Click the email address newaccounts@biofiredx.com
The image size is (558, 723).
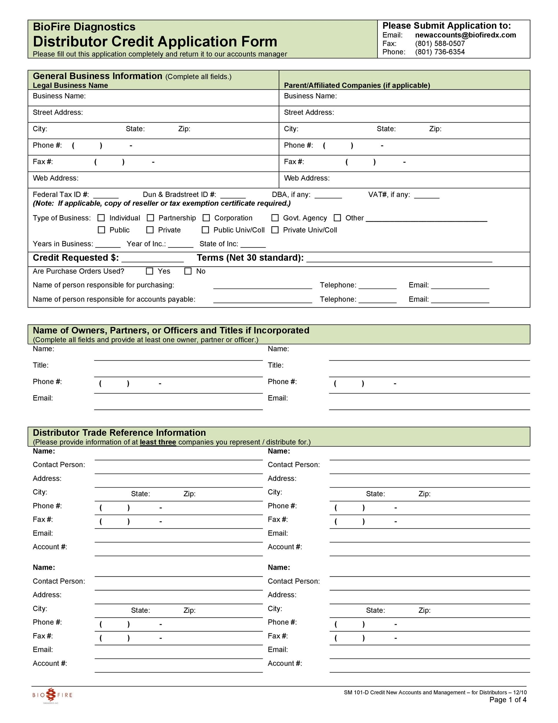tap(465, 35)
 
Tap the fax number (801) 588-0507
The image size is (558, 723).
tap(440, 44)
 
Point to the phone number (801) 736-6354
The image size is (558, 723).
tap(440, 52)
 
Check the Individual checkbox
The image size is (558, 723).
tap(101, 218)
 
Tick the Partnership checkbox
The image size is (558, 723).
tap(150, 218)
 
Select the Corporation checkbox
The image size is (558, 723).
tap(206, 218)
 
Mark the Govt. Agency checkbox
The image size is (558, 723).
tap(275, 218)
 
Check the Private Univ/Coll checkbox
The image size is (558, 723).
tap(275, 230)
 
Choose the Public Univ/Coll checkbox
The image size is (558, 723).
tap(206, 230)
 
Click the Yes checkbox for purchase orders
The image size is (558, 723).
tap(150, 271)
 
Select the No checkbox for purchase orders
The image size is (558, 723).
tap(188, 271)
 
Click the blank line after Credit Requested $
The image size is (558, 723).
tap(152, 259)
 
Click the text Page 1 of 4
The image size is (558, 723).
tap(507, 700)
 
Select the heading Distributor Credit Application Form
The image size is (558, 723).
tap(155, 42)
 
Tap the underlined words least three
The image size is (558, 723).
tap(158, 442)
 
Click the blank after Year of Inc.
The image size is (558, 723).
tap(181, 244)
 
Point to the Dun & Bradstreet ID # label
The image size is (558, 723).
tap(179, 195)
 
